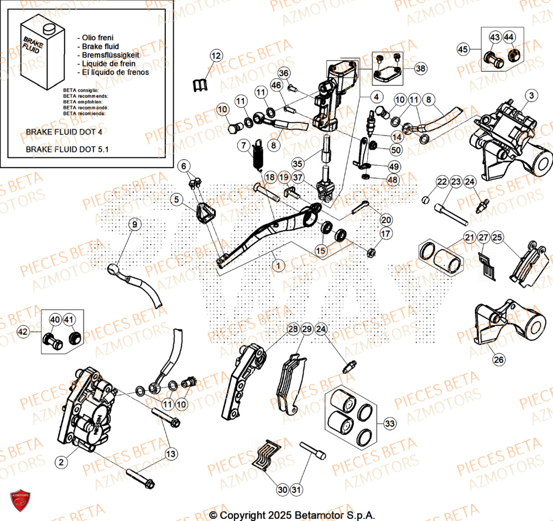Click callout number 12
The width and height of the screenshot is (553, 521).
pyautogui.click(x=216, y=56)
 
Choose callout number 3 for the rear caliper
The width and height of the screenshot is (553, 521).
pyautogui.click(x=531, y=96)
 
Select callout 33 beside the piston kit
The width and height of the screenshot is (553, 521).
pyautogui.click(x=390, y=424)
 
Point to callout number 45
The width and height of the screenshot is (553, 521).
pyautogui.click(x=463, y=50)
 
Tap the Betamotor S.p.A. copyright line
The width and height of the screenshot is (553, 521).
pyautogui.click(x=292, y=515)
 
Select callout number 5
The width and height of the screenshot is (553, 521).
pyautogui.click(x=175, y=199)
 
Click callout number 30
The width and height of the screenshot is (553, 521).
pyautogui.click(x=282, y=489)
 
